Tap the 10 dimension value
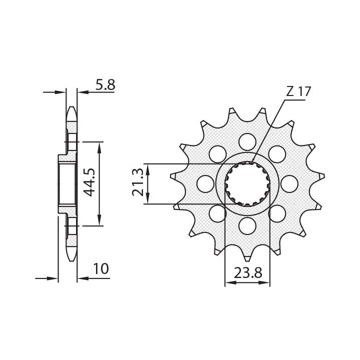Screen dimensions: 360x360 point(101,269)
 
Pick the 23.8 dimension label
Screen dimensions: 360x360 point(248,273)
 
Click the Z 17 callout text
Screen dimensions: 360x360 point(298,92)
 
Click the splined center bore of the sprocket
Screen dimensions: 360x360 point(247,183)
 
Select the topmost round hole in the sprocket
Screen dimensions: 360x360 point(247,141)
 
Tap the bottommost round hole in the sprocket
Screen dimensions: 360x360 point(247,225)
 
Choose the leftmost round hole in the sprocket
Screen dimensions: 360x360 point(205,183)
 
